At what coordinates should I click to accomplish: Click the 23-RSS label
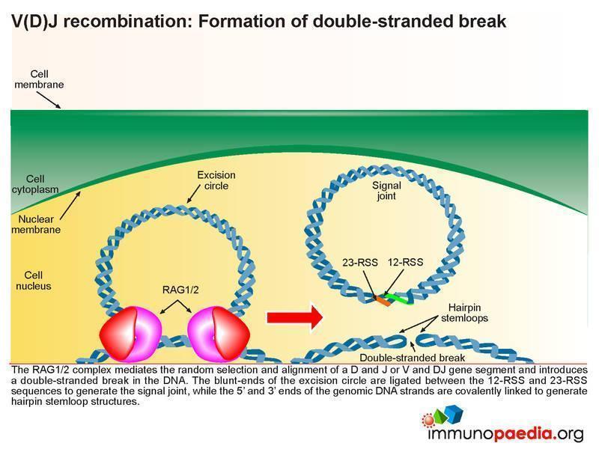coord(356,263)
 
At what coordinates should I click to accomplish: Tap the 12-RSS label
coord(405,263)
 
